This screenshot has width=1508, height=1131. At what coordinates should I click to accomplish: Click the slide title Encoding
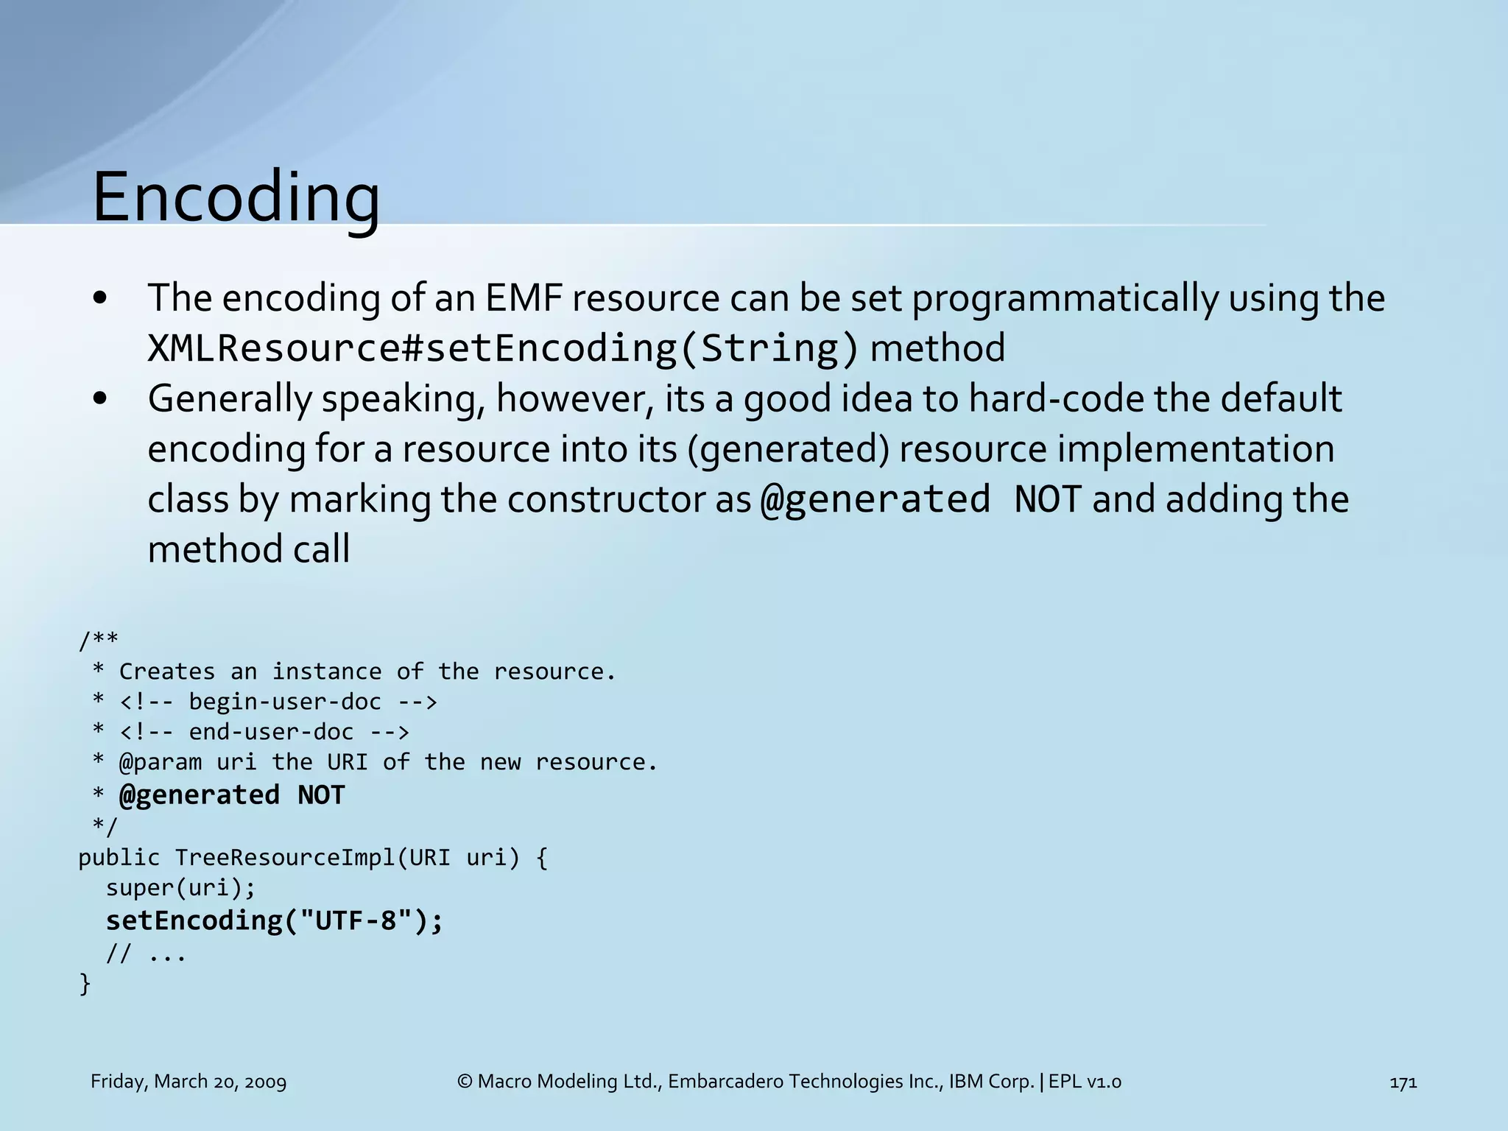(236, 197)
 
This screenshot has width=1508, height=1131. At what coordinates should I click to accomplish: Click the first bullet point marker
(101, 298)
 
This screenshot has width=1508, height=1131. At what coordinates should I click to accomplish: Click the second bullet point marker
(101, 399)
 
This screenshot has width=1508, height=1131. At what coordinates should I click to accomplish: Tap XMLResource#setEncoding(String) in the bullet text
(502, 348)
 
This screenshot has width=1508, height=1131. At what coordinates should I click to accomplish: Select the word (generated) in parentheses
(789, 449)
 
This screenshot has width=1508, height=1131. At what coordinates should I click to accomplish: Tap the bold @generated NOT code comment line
(231, 794)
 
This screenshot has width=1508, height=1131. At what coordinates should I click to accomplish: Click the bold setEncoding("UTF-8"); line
(274, 920)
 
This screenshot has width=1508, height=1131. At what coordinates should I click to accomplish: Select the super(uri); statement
(180, 888)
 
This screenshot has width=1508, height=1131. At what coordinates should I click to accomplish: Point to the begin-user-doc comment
(284, 702)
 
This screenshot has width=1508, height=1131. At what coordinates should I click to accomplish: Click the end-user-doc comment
(270, 732)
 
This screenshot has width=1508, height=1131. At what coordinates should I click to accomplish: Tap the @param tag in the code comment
(160, 762)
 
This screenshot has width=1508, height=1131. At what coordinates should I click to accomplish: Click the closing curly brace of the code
(85, 984)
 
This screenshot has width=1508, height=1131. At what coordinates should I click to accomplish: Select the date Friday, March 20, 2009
(188, 1082)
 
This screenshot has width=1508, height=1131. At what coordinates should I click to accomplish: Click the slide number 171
(1403, 1082)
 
